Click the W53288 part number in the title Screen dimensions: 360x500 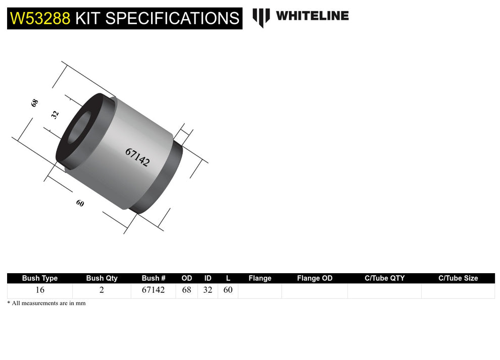(x=40, y=18)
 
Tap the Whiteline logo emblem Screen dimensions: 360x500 (x=261, y=17)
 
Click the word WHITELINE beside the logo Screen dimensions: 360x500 (x=312, y=16)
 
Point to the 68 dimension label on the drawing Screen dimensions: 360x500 (x=34, y=103)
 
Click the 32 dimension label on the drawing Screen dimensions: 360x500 (x=56, y=114)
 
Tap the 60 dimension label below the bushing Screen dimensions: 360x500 (x=80, y=203)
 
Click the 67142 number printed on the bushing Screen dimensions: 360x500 (x=137, y=157)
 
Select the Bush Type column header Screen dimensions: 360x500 (x=40, y=278)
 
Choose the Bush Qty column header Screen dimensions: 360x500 (x=102, y=278)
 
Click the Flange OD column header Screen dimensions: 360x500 (x=315, y=278)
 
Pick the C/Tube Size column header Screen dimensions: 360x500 (x=458, y=278)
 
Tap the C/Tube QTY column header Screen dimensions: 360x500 (x=384, y=278)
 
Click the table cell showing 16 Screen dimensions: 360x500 (x=40, y=290)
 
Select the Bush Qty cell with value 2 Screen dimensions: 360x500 (x=102, y=290)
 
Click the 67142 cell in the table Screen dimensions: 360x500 (x=154, y=290)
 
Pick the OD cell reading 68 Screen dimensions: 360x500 (x=186, y=290)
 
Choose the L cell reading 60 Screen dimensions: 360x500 (x=228, y=290)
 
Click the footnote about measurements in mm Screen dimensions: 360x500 (x=46, y=303)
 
